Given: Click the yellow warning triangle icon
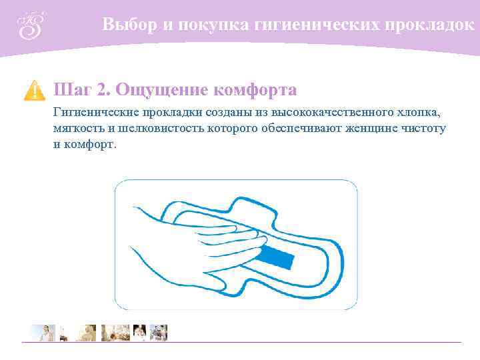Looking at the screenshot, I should (34, 90).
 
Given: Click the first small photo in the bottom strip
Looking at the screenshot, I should (41, 332).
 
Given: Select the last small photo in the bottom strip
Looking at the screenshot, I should (159, 332).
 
